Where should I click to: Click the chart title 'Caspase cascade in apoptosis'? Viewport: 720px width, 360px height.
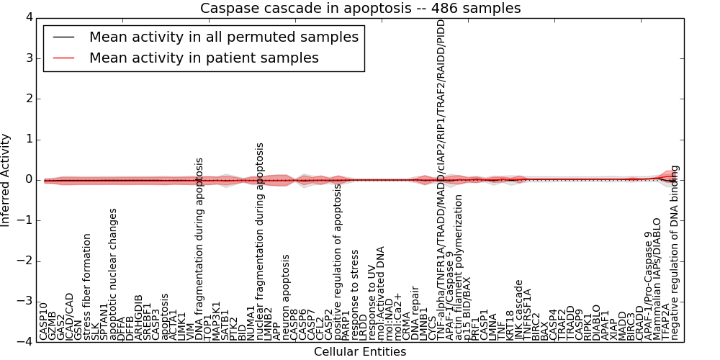point(360,8)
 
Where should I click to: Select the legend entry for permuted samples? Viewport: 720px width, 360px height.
point(223,37)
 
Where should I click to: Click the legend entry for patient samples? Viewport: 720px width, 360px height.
point(204,58)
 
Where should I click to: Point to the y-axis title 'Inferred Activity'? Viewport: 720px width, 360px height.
point(6,179)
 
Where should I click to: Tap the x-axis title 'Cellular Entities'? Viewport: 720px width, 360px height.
point(359,352)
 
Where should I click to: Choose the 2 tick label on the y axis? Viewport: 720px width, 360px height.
point(28,99)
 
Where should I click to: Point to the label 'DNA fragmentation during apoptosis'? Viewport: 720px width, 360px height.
point(199,248)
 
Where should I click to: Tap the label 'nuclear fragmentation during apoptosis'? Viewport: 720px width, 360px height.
point(260,240)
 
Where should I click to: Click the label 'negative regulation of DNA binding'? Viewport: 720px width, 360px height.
point(675,252)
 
